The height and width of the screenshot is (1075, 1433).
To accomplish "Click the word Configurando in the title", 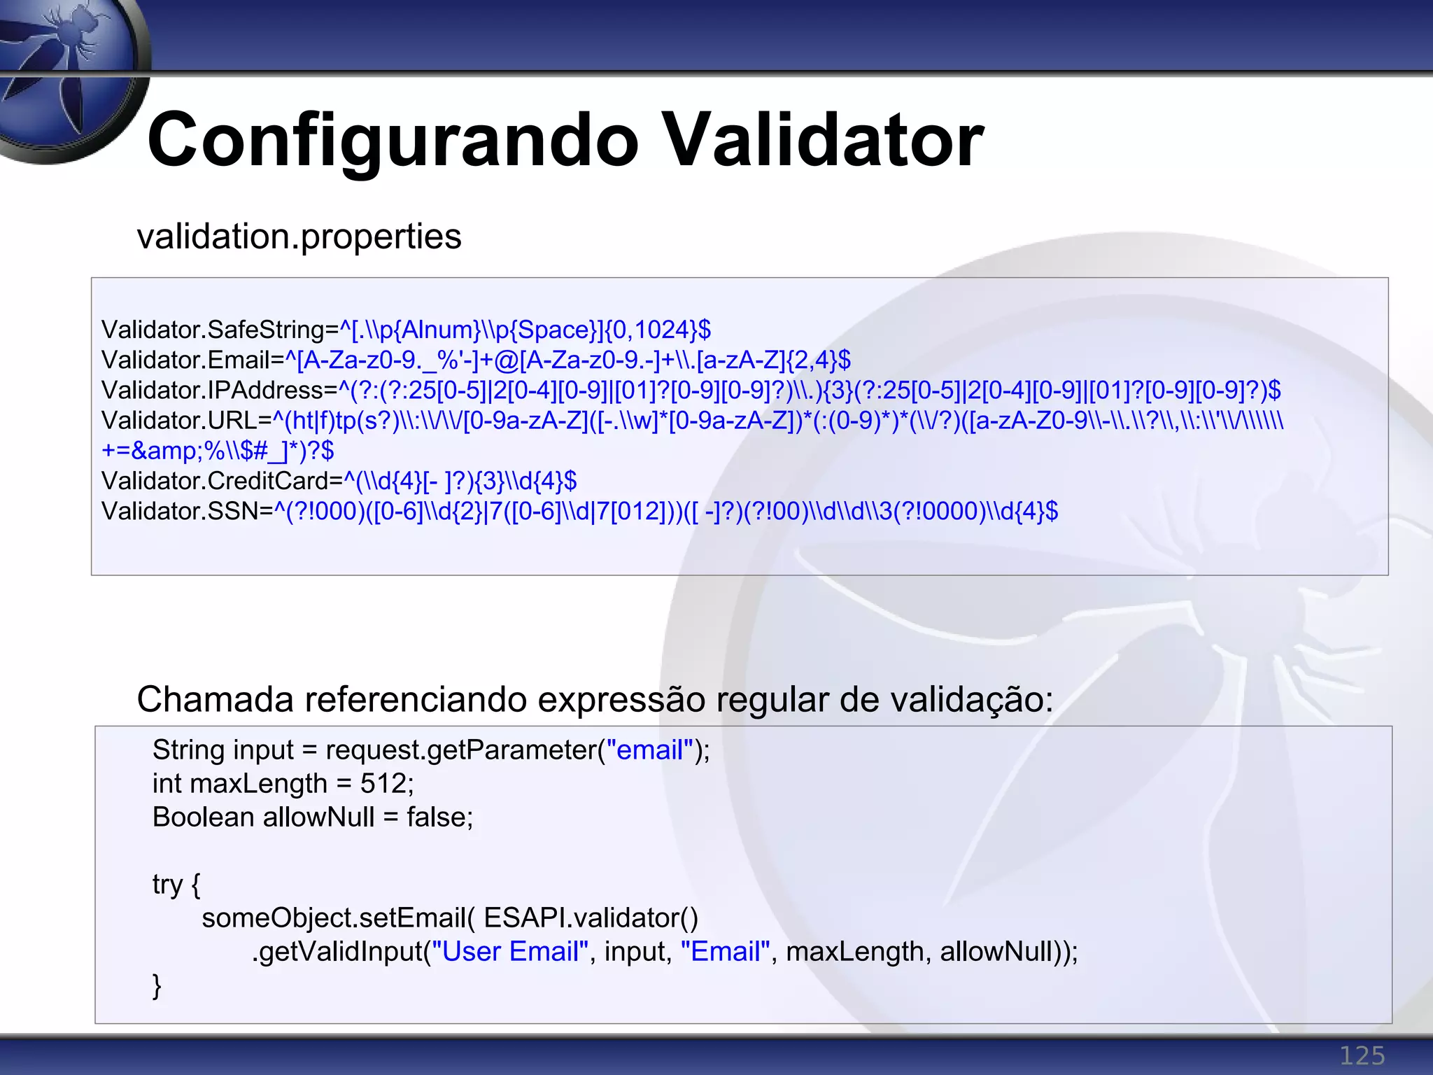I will [x=393, y=141].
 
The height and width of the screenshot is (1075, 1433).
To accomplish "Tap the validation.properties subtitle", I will [x=299, y=237].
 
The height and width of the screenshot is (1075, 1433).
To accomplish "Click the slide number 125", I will [x=1362, y=1055].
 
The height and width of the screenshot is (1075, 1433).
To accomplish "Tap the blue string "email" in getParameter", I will [x=649, y=750].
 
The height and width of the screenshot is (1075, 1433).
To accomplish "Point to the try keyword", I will [x=167, y=885].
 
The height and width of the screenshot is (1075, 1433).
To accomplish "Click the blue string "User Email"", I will [x=510, y=952].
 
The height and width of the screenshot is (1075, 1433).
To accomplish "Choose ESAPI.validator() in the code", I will [x=591, y=918].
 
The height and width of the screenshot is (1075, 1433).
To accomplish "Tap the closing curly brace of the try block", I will [x=157, y=985].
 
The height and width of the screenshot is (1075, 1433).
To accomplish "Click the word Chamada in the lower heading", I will [x=215, y=699].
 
